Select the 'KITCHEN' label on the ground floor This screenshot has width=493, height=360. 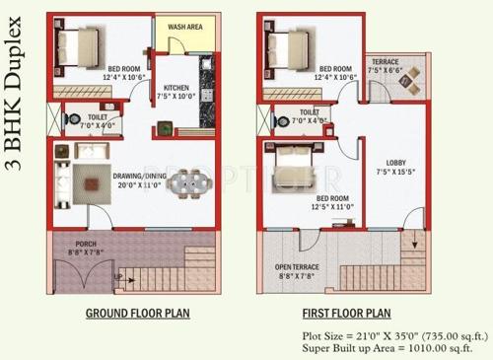tap(177, 87)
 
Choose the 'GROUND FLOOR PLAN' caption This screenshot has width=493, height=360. tap(137, 314)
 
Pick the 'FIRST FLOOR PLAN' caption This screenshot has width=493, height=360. tap(346, 314)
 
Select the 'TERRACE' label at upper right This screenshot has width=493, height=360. tap(385, 61)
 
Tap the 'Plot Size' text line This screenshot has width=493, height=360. tap(387, 333)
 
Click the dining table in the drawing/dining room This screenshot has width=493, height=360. tap(186, 183)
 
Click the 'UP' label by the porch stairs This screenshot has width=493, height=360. tap(117, 277)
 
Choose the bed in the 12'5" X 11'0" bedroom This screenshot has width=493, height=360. tap(290, 159)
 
